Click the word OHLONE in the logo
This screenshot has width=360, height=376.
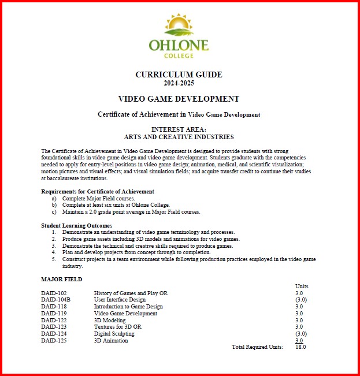click(x=179, y=45)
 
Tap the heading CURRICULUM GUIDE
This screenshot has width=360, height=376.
click(x=179, y=75)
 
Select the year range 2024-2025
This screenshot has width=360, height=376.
click(x=179, y=83)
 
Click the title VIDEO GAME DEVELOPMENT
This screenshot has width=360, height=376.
click(x=179, y=99)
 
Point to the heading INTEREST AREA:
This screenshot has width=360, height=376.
click(x=179, y=129)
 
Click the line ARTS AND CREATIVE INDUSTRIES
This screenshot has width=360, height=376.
click(x=179, y=137)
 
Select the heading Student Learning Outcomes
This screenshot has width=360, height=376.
click(x=77, y=225)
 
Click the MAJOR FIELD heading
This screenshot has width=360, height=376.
click(x=62, y=279)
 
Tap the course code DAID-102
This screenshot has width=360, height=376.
click(x=54, y=293)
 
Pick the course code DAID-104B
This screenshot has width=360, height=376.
click(x=56, y=300)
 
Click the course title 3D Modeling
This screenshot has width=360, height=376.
click(x=109, y=320)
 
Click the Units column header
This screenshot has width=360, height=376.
click(x=302, y=286)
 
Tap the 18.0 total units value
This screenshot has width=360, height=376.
click(x=300, y=347)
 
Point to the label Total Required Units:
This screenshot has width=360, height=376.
click(x=257, y=347)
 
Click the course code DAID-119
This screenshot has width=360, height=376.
click(x=54, y=314)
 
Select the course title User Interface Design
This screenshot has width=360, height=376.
click(x=120, y=300)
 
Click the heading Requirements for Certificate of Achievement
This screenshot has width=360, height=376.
click(x=98, y=191)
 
